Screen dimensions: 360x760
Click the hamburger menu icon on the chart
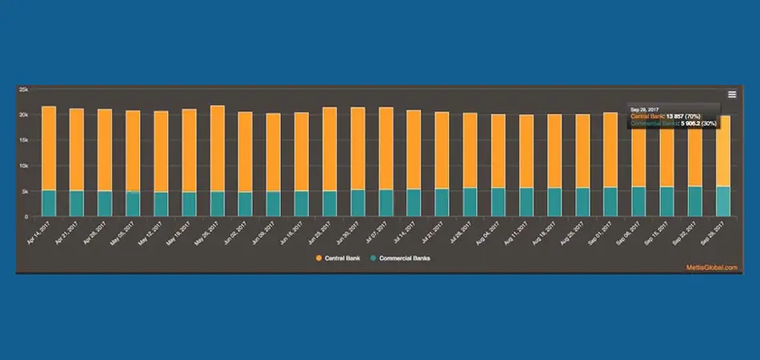tap(731, 94)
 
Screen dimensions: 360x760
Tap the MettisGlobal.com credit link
tap(710, 267)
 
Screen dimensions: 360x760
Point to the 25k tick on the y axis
tap(24, 90)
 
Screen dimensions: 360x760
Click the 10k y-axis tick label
tap(24, 166)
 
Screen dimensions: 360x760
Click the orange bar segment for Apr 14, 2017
tap(49, 148)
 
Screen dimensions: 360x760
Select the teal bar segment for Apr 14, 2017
tap(49, 203)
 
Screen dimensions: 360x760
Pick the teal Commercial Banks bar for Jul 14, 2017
tap(414, 202)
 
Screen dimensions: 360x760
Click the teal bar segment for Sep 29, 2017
tap(722, 201)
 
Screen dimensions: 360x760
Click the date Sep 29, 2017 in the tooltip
tap(645, 109)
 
